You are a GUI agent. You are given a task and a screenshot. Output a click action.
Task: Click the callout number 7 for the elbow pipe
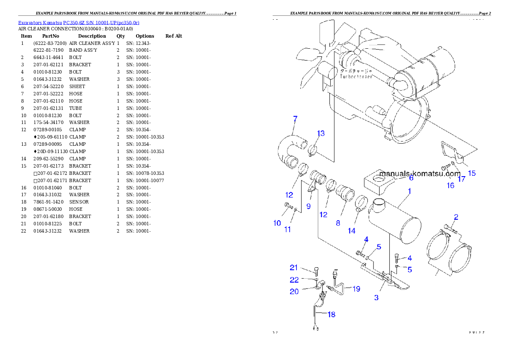click(295, 119)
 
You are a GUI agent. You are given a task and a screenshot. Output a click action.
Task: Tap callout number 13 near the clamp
click(321, 133)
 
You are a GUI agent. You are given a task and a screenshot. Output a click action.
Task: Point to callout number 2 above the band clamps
click(456, 217)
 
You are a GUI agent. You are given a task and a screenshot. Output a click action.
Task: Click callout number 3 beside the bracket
click(376, 298)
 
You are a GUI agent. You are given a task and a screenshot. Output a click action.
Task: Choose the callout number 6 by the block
click(411, 178)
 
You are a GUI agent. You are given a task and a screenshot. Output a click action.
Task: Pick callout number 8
click(338, 223)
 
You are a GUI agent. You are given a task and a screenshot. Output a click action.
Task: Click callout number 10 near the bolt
click(277, 223)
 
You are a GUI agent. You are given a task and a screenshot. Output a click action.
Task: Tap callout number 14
click(351, 230)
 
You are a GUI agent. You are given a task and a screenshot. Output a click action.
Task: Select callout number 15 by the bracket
click(472, 173)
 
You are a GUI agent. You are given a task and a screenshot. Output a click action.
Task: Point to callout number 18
click(331, 315)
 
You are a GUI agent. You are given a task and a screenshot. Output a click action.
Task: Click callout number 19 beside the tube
click(356, 289)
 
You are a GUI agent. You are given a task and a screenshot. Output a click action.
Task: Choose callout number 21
click(293, 268)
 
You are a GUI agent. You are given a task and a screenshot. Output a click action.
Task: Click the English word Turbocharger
click(356, 77)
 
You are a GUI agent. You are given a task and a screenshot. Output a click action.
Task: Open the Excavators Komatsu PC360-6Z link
click(79, 22)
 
